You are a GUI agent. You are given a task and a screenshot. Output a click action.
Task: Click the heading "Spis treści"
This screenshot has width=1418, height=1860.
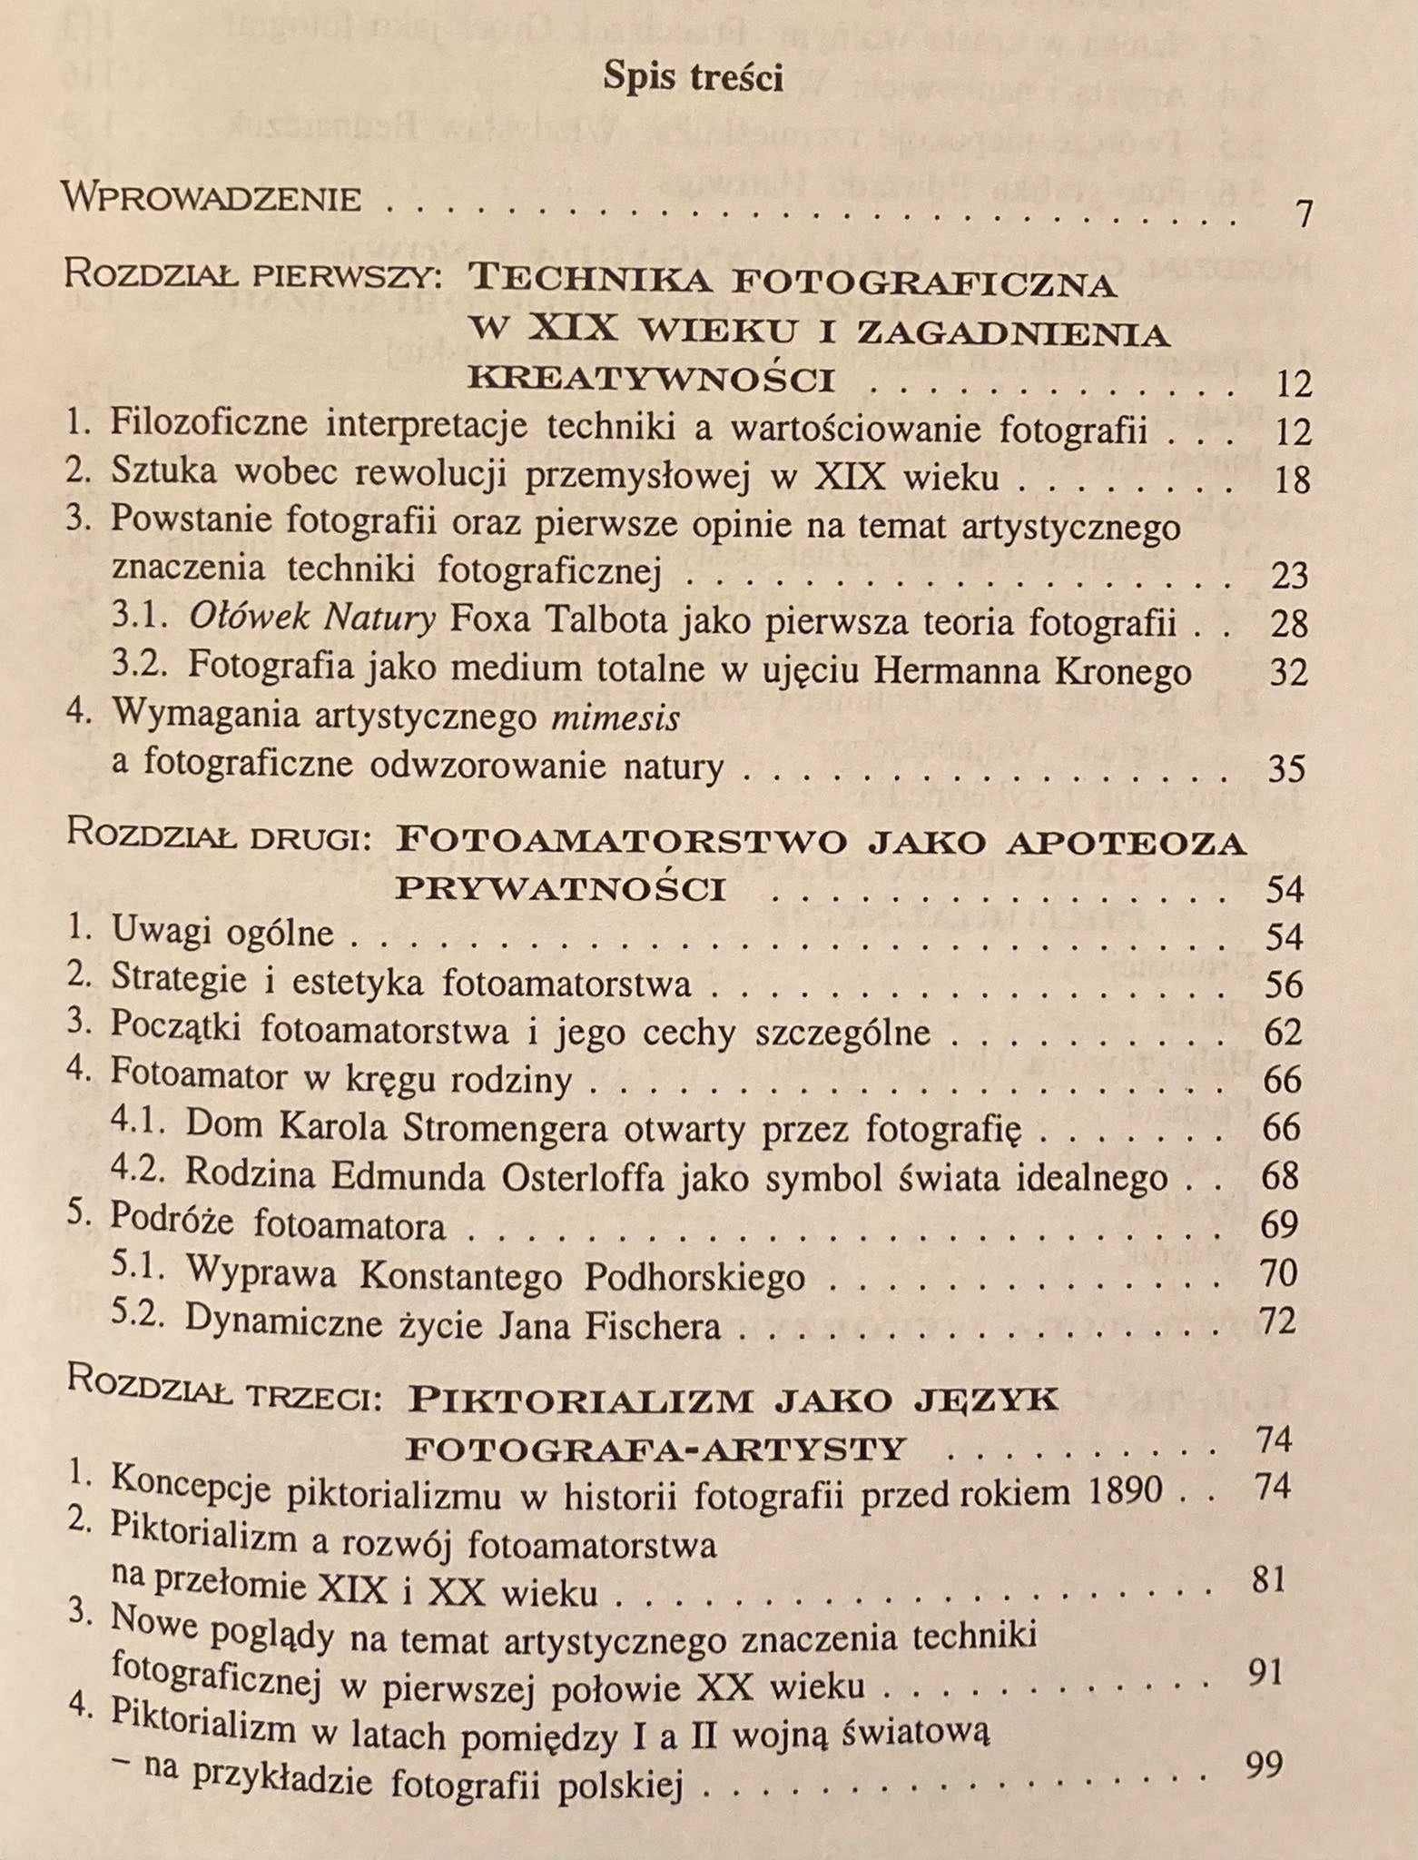click(693, 78)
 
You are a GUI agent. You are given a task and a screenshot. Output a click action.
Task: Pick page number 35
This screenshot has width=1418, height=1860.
click(1285, 768)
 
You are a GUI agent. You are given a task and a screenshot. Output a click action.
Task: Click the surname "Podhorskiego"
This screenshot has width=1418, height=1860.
click(694, 1276)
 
